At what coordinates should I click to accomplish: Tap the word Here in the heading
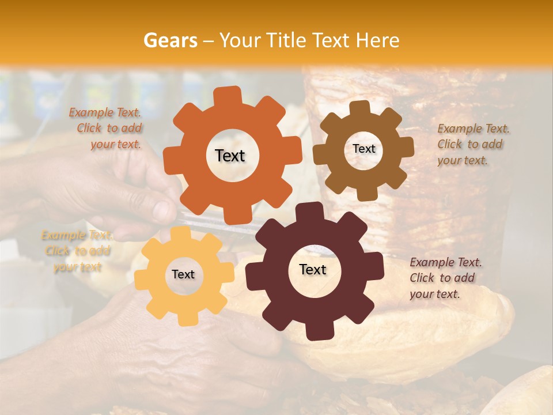377,40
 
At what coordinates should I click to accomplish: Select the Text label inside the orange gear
230,156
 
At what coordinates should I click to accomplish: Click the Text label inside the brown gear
363,149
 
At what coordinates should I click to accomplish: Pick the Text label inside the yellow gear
183,274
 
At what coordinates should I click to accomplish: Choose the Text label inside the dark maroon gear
312,269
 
